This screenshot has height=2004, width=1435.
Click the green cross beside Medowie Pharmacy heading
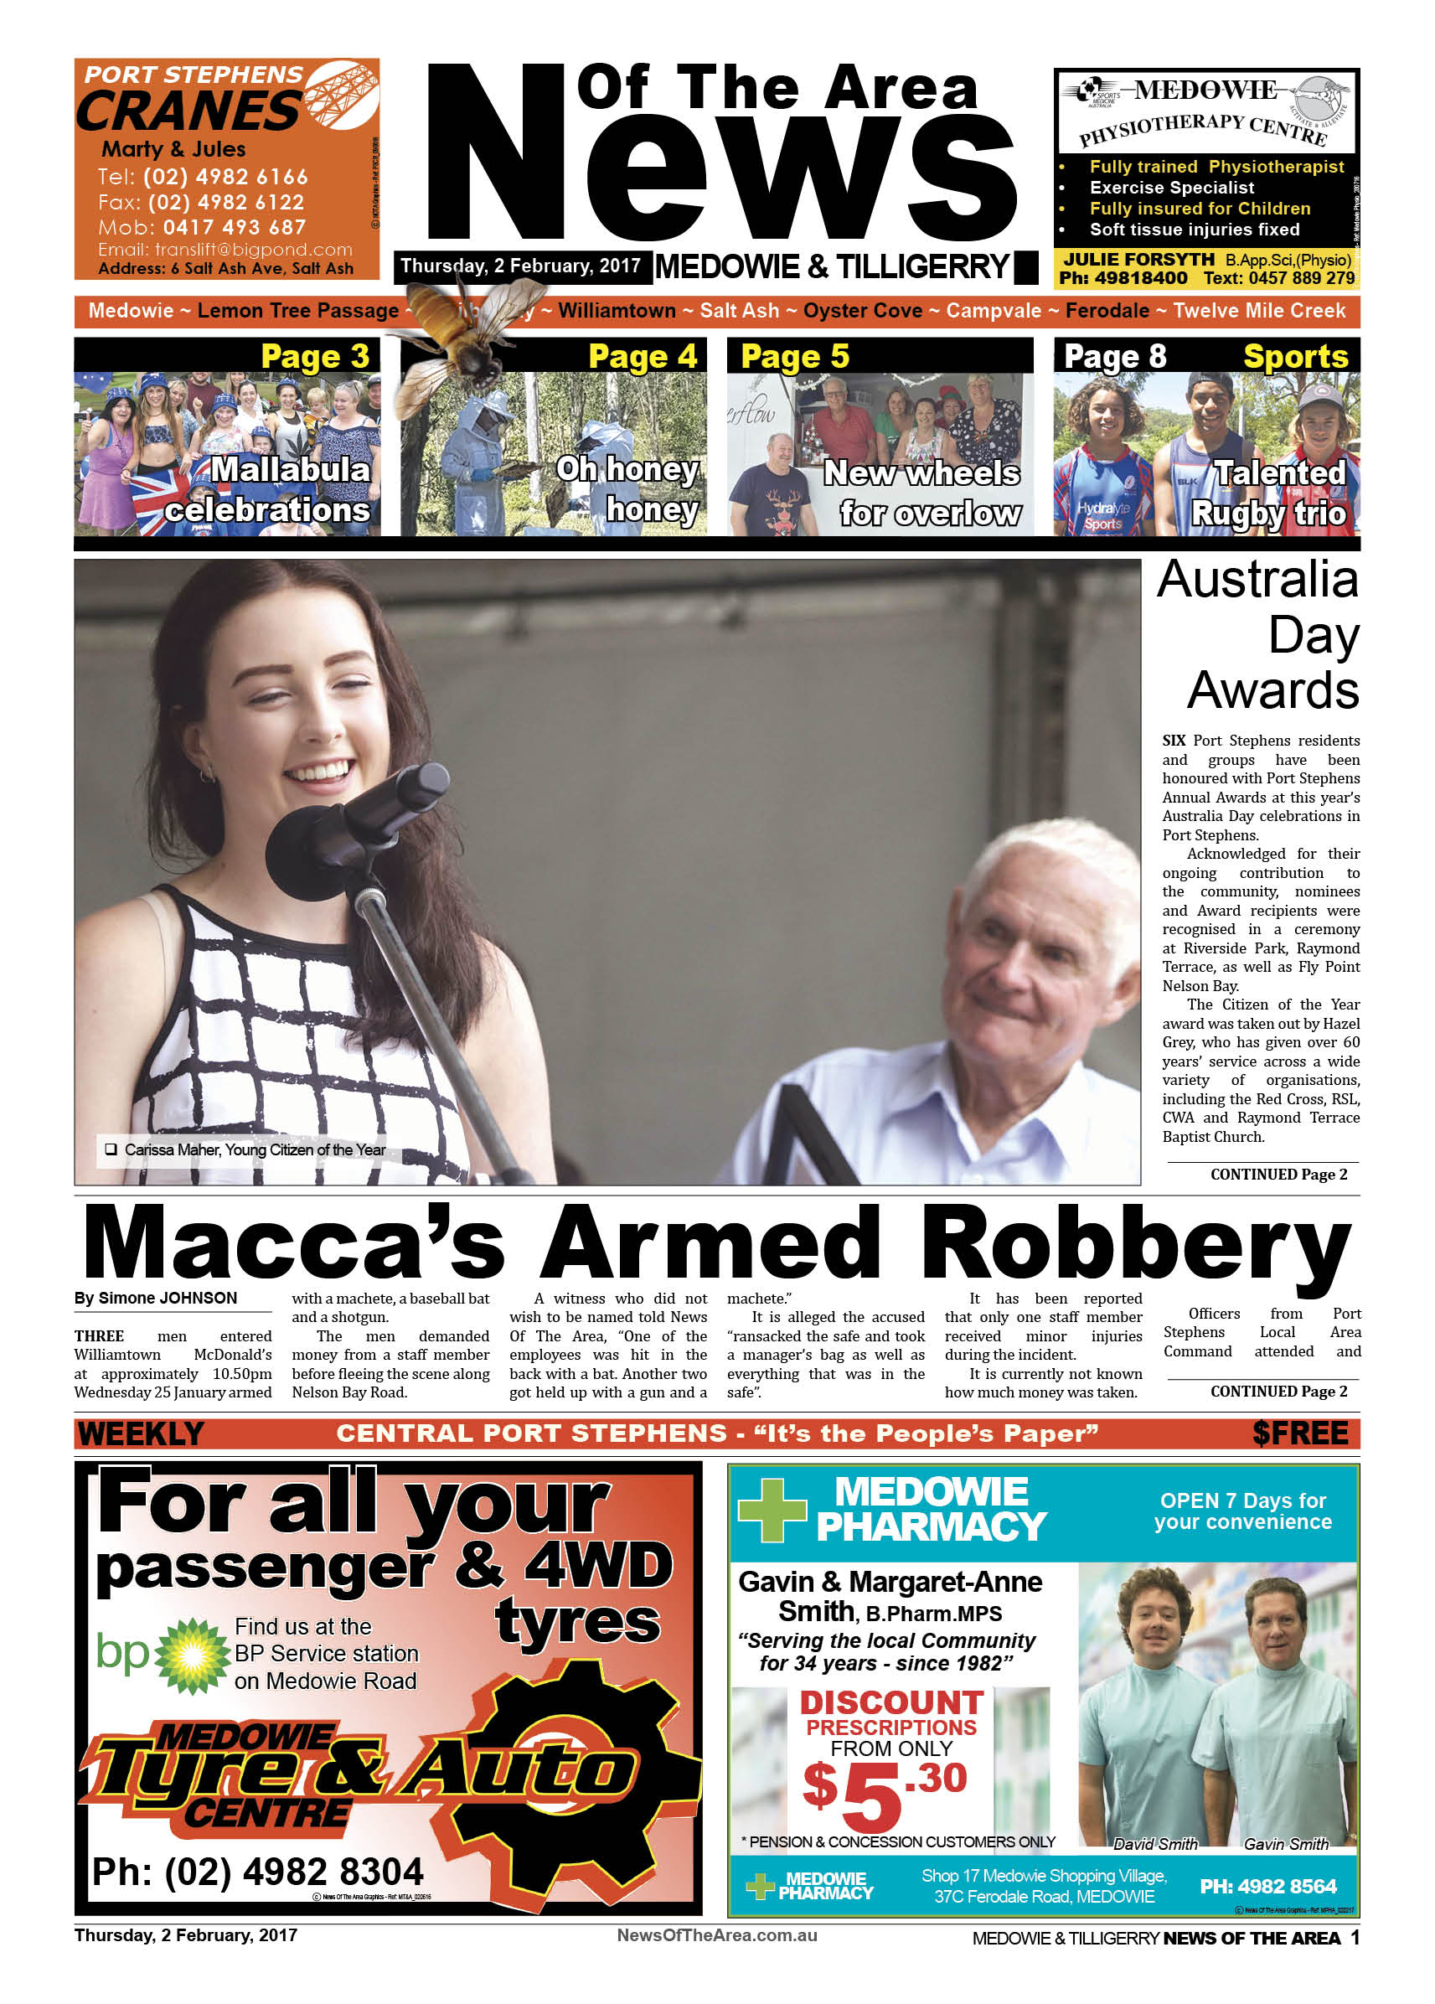pos(772,1510)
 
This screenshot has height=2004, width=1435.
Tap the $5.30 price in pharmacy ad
pos(884,1794)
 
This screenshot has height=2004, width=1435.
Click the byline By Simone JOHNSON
pos(156,1298)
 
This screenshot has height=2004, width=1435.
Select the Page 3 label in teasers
pos(315,356)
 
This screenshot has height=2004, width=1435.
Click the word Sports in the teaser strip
pos(1294,356)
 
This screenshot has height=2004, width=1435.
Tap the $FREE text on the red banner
pos(1299,1433)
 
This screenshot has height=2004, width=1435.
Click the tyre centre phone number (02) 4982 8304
pos(258,1872)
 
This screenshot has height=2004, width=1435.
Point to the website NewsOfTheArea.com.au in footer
pos(716,1936)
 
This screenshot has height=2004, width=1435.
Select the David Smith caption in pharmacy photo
pos(1154,1844)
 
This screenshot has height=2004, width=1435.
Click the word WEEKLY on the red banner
pos(141,1433)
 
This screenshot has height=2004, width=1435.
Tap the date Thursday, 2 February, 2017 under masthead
pos(519,266)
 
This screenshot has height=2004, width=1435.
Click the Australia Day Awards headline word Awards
pos(1272,690)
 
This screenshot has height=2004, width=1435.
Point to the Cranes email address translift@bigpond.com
pos(225,250)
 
